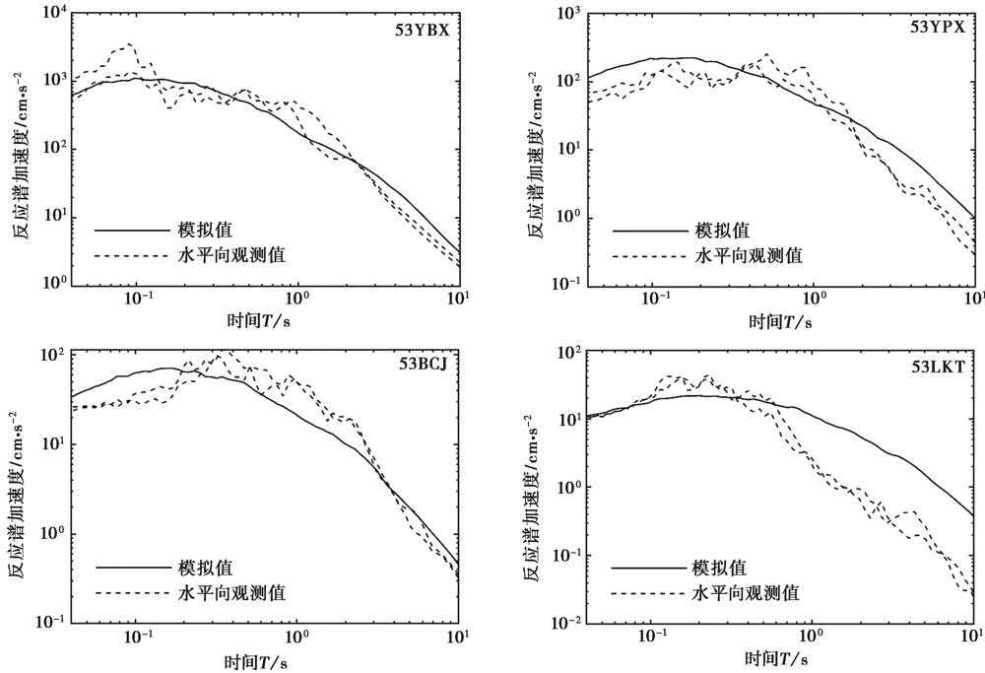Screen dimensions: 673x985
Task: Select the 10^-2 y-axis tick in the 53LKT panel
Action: click(x=566, y=623)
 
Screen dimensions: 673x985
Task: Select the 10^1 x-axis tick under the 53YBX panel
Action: click(x=459, y=300)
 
